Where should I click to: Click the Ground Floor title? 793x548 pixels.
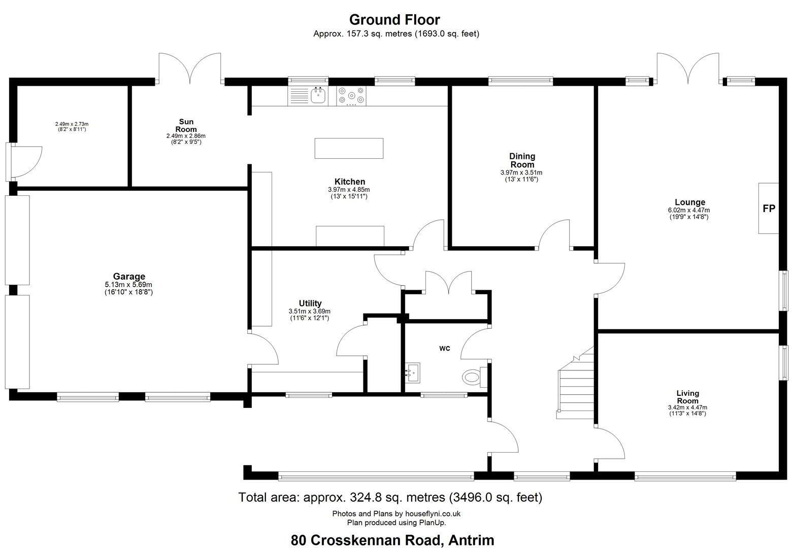click(394, 19)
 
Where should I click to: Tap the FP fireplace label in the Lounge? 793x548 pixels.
click(769, 209)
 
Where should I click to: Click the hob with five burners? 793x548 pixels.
click(351, 96)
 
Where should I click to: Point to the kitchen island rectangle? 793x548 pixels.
click(349, 148)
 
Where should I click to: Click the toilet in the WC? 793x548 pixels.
click(475, 377)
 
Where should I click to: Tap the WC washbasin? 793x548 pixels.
click(412, 372)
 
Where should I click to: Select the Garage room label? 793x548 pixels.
click(129, 277)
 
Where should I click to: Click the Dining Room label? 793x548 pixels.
click(522, 160)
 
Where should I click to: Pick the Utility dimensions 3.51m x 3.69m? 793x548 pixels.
click(309, 312)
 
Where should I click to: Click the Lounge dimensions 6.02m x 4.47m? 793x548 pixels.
click(689, 210)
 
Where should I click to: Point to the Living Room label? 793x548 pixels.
click(687, 397)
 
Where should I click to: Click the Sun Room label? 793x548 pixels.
click(186, 126)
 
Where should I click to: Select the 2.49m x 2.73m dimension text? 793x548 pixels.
click(72, 124)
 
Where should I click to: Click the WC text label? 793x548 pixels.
click(445, 349)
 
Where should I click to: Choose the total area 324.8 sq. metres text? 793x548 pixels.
click(390, 497)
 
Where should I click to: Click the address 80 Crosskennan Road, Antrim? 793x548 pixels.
click(392, 540)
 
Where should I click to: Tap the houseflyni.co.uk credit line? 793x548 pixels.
click(396, 513)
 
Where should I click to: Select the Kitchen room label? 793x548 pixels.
click(350, 182)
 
